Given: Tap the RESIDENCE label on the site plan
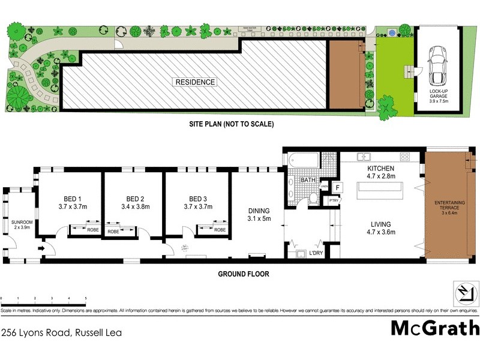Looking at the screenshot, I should tap(195, 82).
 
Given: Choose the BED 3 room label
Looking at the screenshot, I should tap(199, 203).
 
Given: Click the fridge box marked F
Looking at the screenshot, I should tap(338, 188).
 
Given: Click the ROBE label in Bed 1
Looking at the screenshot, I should tap(92, 229).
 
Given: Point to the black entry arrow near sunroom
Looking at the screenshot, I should tap(42, 248).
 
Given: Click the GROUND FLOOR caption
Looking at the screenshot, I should tap(244, 274).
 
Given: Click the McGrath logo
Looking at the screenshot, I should tap(435, 328).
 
